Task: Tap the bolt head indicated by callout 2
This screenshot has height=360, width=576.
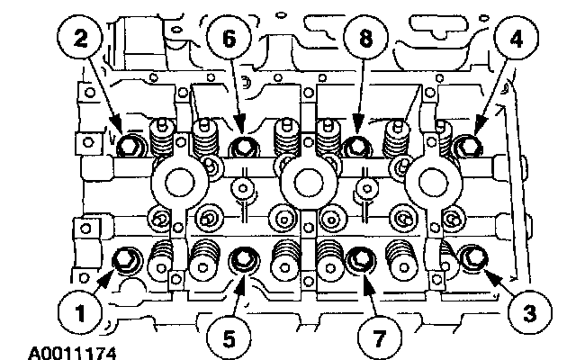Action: pos(130,144)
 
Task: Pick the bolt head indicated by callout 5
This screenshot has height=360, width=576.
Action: pos(241,261)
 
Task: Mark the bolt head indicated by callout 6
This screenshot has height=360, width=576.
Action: pos(242,145)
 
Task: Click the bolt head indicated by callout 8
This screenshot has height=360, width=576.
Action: pos(356,145)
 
